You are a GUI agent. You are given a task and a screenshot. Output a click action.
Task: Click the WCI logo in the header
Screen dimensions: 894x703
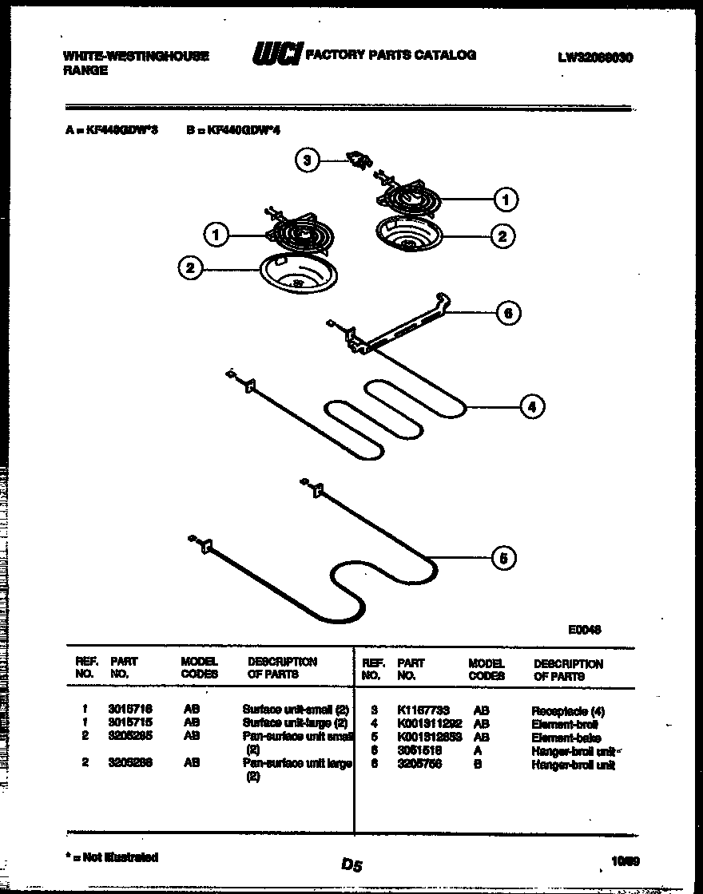pos(276,55)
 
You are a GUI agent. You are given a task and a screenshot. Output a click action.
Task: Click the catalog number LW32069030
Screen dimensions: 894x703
pos(595,57)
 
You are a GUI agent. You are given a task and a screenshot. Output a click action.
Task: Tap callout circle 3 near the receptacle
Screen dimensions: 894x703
pos(306,160)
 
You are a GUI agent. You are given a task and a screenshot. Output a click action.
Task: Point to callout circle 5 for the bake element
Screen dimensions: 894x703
pos(502,558)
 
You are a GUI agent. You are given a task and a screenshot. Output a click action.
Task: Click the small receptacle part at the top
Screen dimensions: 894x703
pos(357,160)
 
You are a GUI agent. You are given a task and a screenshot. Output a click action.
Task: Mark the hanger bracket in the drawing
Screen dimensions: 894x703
pos(391,324)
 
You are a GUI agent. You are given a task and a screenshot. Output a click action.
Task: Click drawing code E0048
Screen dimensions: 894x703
pos(585,629)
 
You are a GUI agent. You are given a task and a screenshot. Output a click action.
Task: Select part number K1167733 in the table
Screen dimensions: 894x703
pos(423,710)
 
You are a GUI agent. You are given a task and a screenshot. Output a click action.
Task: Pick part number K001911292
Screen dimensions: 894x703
pos(428,724)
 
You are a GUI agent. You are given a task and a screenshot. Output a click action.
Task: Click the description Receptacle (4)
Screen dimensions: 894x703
pos(568,710)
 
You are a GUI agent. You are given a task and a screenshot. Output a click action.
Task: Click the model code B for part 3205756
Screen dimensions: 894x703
pos(477,765)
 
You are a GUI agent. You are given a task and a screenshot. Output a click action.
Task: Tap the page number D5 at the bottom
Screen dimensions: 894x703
pos(351,864)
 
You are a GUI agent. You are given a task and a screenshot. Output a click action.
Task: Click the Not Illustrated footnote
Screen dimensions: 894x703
pos(112,856)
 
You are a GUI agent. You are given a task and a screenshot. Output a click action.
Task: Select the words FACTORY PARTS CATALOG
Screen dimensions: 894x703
pos(391,55)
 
